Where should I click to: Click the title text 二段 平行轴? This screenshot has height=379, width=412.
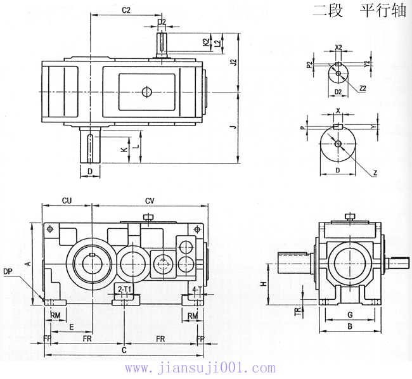359,11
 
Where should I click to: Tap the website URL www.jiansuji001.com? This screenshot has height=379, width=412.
200,368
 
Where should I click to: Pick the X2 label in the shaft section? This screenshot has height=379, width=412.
338,48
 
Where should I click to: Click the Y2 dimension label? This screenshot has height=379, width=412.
367,64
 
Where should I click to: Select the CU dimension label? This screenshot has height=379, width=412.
66,201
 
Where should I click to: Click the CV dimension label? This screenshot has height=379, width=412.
150,201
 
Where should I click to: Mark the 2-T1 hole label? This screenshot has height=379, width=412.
125,289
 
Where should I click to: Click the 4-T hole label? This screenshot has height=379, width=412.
196,289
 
